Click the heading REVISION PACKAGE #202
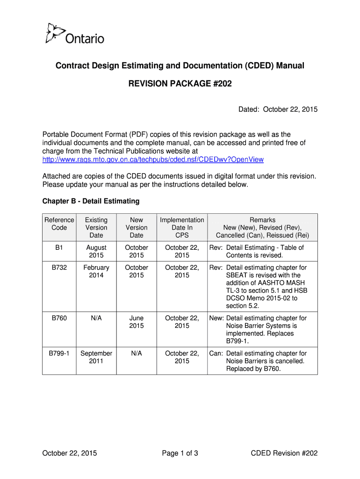click(x=180, y=84)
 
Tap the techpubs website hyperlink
click(x=153, y=160)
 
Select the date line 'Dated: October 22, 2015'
click(x=278, y=109)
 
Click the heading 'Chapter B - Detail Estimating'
click(x=91, y=201)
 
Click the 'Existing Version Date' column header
click(x=96, y=227)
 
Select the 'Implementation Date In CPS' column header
click(x=182, y=227)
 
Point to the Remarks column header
click(x=262, y=227)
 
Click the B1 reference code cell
click(x=59, y=247)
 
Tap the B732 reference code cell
click(x=59, y=268)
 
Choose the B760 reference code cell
click(x=59, y=318)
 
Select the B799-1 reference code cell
click(x=59, y=353)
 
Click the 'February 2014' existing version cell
click(x=96, y=271)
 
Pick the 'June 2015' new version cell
click(x=137, y=322)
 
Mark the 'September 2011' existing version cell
click(x=96, y=357)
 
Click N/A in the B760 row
click(x=96, y=318)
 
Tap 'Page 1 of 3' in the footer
click(x=180, y=453)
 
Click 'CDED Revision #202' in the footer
click(x=284, y=453)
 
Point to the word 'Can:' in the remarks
click(x=216, y=353)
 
